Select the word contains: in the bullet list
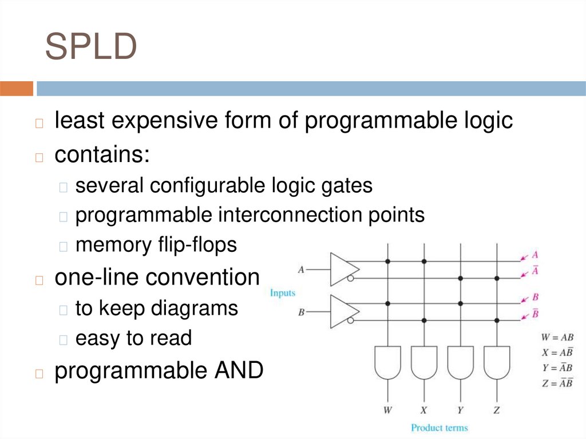click(x=102, y=154)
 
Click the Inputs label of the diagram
click(x=282, y=293)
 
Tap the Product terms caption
click(x=439, y=428)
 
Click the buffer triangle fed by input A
click(x=344, y=268)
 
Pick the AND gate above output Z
click(x=496, y=362)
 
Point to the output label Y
click(x=460, y=410)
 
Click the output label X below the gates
click(x=424, y=410)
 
